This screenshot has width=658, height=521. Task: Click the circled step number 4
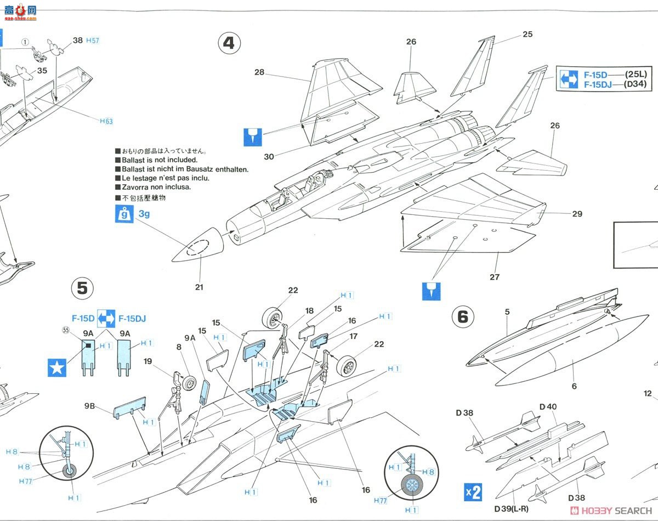pyautogui.click(x=229, y=43)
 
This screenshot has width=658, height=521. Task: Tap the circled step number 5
pyautogui.click(x=82, y=288)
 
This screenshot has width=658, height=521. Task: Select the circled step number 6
pyautogui.click(x=463, y=316)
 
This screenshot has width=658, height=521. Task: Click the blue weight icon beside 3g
pyautogui.click(x=124, y=214)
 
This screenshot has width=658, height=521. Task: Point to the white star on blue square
pyautogui.click(x=57, y=368)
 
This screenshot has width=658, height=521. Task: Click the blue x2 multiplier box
pyautogui.click(x=473, y=492)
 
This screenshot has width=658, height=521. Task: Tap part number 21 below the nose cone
pyautogui.click(x=199, y=287)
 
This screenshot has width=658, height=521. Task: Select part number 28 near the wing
pyautogui.click(x=259, y=72)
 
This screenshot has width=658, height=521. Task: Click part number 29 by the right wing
pyautogui.click(x=577, y=214)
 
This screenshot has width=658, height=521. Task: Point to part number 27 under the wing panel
pyautogui.click(x=495, y=277)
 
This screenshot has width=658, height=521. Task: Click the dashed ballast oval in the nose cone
pyautogui.click(x=198, y=247)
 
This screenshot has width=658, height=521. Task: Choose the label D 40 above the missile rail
pyautogui.click(x=548, y=407)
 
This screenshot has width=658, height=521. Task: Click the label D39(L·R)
pyautogui.click(x=511, y=509)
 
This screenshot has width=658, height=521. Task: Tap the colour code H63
pyautogui.click(x=106, y=121)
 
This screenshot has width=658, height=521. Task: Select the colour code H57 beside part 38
pyautogui.click(x=93, y=41)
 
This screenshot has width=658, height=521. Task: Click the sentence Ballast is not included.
pyautogui.click(x=160, y=160)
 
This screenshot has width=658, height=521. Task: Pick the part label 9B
pyautogui.click(x=89, y=406)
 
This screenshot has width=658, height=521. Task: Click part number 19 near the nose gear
pyautogui.click(x=148, y=361)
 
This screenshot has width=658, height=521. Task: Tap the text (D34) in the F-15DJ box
pyautogui.click(x=635, y=84)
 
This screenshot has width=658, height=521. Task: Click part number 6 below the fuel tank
pyautogui.click(x=574, y=387)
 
